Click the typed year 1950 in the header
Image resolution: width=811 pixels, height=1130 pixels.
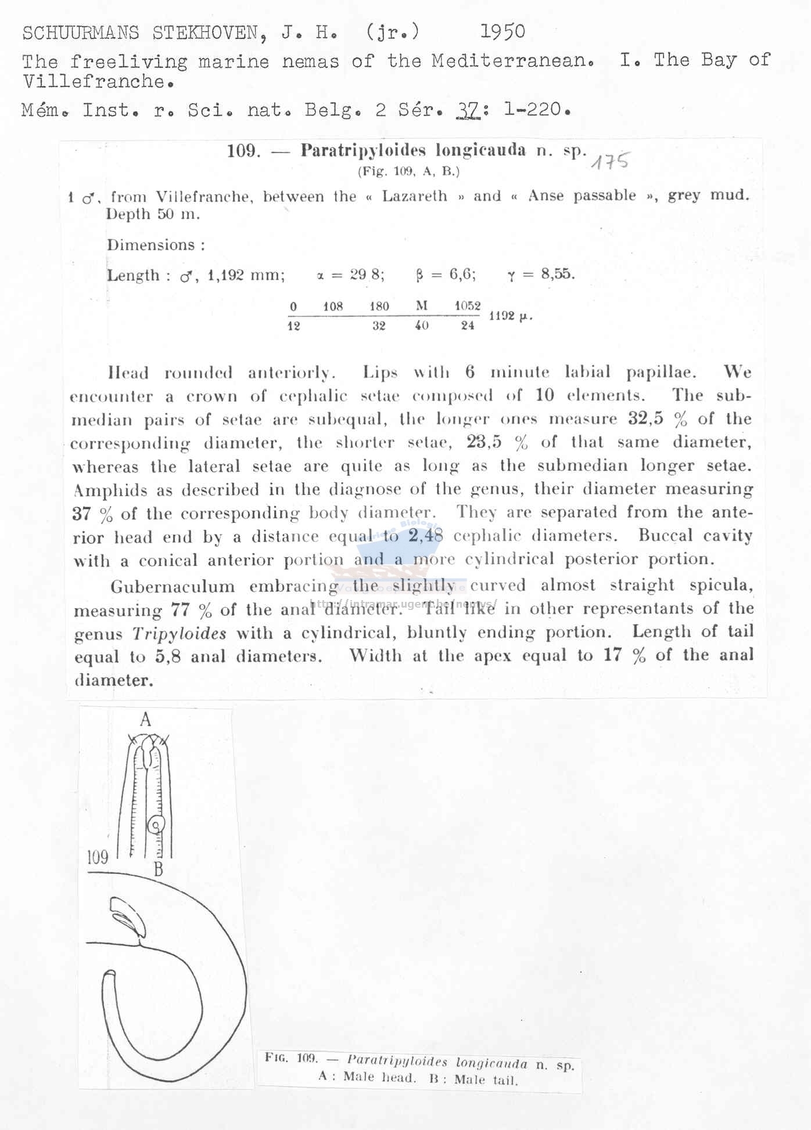click(x=503, y=31)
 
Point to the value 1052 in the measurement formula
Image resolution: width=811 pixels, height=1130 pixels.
click(x=468, y=306)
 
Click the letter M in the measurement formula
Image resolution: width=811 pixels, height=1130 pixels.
click(x=422, y=306)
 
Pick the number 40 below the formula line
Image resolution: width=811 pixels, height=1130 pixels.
click(x=422, y=326)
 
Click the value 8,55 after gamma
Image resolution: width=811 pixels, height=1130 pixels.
click(x=557, y=274)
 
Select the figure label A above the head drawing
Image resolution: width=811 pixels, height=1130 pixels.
click(x=145, y=720)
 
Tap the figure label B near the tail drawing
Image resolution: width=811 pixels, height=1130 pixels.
click(x=158, y=869)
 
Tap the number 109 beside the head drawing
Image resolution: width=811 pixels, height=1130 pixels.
click(x=98, y=857)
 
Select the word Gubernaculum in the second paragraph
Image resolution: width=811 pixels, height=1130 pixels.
click(x=173, y=587)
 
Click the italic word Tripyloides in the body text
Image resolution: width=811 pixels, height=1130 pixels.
click(x=180, y=633)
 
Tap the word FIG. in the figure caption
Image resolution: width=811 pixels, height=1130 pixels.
click(x=276, y=1057)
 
